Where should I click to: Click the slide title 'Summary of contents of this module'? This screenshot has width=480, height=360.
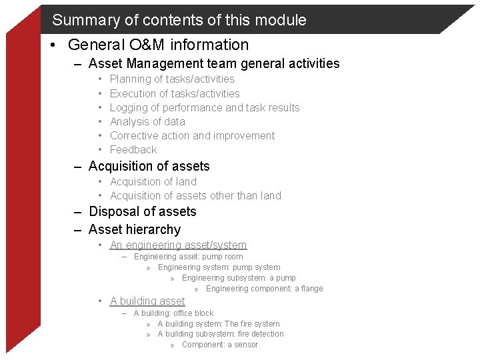pyautogui.click(x=179, y=20)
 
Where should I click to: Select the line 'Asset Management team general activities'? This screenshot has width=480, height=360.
pyautogui.click(x=213, y=64)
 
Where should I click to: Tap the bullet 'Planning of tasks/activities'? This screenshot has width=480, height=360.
pyautogui.click(x=171, y=79)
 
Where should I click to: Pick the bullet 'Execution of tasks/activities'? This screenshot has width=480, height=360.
pyautogui.click(x=174, y=93)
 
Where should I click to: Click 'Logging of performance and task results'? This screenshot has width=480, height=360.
pyautogui.click(x=204, y=107)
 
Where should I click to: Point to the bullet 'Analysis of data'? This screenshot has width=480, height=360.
pyautogui.click(x=147, y=121)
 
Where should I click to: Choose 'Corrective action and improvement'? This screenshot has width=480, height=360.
pyautogui.click(x=192, y=135)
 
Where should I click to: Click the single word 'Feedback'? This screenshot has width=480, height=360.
pyautogui.click(x=133, y=149)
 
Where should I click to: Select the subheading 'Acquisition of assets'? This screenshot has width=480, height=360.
pyautogui.click(x=149, y=167)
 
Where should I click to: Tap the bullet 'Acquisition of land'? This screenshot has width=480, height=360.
pyautogui.click(x=153, y=181)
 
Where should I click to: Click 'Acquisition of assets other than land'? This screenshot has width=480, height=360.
pyautogui.click(x=195, y=195)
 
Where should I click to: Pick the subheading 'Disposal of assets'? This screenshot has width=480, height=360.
pyautogui.click(x=142, y=212)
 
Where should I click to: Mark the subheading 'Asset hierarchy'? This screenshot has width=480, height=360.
pyautogui.click(x=134, y=229)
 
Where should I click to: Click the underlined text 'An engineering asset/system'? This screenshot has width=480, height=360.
pyautogui.click(x=178, y=245)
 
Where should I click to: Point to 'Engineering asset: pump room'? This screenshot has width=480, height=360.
pyautogui.click(x=188, y=257)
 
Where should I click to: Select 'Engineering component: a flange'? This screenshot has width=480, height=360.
pyautogui.click(x=264, y=289)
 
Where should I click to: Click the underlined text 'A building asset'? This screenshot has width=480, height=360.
pyautogui.click(x=147, y=301)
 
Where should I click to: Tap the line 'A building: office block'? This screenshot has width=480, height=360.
pyautogui.click(x=173, y=313)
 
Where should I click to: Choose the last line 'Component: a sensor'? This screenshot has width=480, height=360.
pyautogui.click(x=219, y=345)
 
